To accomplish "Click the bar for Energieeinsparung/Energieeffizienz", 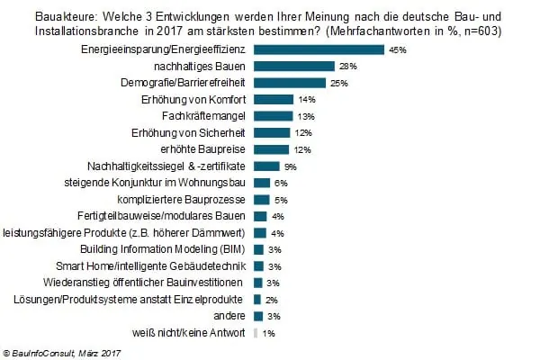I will tap(319, 49).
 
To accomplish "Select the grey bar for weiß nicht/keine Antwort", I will tap(256, 333).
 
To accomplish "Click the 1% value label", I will tap(269, 334).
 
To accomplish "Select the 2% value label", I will tap(272, 301).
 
